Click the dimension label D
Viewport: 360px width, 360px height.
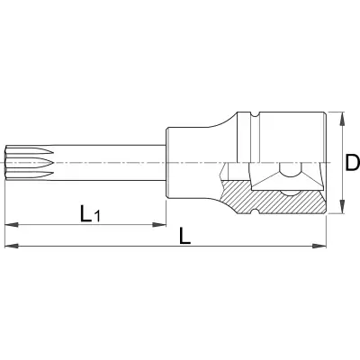352,163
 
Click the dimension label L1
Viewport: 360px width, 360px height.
90,213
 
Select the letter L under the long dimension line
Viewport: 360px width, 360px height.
184,236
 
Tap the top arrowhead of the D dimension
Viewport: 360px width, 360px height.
341,119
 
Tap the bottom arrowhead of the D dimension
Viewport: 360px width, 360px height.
341,207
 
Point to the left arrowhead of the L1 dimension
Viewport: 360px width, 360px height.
12,224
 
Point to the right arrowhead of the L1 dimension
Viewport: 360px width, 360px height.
159,224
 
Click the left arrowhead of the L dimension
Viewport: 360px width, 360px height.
12,246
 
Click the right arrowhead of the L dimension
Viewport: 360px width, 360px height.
319,246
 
